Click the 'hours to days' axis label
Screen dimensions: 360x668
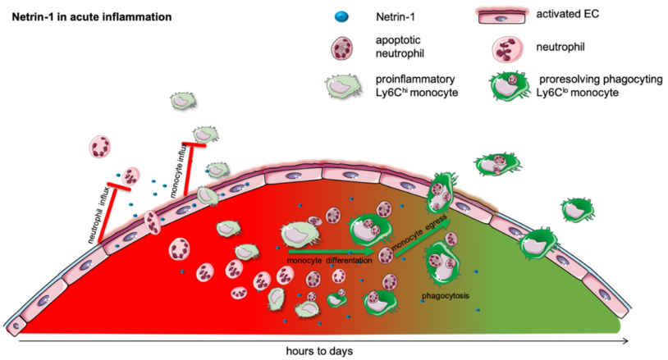point(321,350)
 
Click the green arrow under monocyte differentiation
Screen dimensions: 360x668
point(324,251)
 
